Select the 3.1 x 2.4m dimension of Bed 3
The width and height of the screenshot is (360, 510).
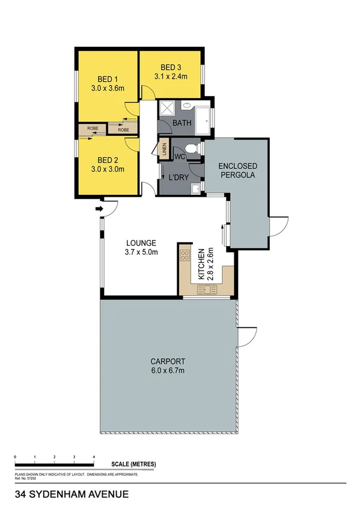[171, 76]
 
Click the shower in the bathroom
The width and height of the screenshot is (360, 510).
[166, 109]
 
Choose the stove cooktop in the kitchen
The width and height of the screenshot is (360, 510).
[185, 256]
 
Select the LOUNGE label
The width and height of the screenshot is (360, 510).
[141, 243]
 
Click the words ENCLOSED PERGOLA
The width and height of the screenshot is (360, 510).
[237, 170]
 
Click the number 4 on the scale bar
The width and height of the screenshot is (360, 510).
[93, 458]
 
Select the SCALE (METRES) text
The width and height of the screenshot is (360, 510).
[133, 464]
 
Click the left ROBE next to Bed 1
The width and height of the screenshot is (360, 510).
[93, 128]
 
